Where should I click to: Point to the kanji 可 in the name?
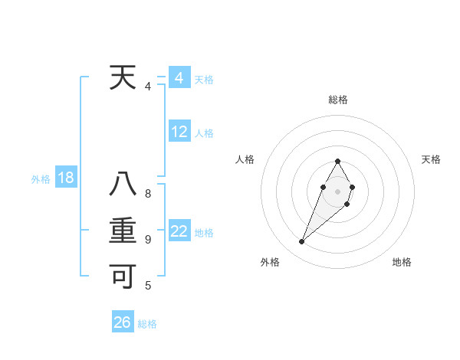pos(123,276)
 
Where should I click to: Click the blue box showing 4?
pos(179,77)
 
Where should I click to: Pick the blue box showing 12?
pos(179,132)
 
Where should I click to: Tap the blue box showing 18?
pos(66,178)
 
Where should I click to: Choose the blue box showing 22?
pos(179,231)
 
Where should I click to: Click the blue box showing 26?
pos(123,322)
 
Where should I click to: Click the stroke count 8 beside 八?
pos(148,193)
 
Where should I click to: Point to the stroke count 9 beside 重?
pos(148,240)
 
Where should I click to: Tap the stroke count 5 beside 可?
pos(148,286)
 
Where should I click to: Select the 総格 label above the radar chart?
pos(338,100)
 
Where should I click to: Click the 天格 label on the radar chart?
pos(432,159)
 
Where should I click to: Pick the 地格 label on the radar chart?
pos(402,262)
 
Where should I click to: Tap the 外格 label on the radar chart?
pos(270,262)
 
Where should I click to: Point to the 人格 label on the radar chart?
pos(245,159)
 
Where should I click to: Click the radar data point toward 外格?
pos(301,241)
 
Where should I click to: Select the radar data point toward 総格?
pos(338,161)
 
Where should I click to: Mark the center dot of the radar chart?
pos(338,191)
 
